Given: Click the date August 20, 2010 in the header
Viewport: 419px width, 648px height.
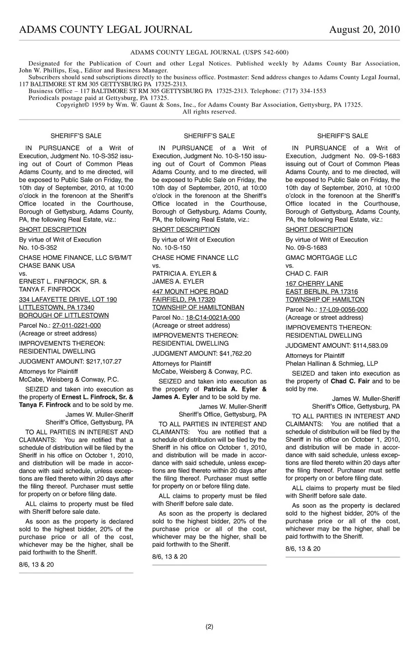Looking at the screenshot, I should point(364,30).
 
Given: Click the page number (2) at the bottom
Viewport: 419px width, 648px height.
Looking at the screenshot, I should point(209,627).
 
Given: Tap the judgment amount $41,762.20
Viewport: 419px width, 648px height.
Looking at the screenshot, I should point(235,353).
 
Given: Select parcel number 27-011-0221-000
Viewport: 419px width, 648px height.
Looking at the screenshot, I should point(76,326).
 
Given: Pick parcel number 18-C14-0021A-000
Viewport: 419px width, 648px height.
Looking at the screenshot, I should point(213,318).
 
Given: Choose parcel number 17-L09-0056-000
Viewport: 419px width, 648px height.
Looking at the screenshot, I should point(343,310).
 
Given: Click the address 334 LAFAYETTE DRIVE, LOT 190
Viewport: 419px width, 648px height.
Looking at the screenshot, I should point(68,300).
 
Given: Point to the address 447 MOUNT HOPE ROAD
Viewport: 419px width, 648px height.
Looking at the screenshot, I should point(190,291).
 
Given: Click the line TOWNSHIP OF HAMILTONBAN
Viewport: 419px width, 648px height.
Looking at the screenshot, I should point(198,308).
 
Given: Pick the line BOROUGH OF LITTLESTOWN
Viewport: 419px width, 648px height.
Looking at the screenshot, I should point(64,315).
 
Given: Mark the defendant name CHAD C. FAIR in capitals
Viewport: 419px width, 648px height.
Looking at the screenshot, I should point(307,274).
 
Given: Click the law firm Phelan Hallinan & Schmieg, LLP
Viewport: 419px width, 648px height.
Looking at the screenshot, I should point(332,364).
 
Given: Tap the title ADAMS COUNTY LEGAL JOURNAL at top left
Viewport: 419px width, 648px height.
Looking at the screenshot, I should point(105,30).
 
